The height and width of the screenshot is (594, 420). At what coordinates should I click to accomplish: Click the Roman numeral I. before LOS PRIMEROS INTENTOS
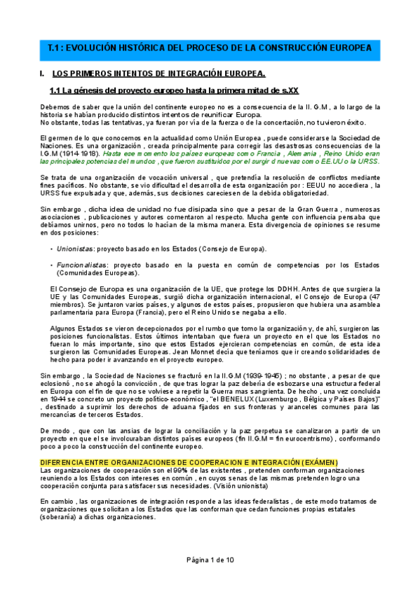(43, 73)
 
